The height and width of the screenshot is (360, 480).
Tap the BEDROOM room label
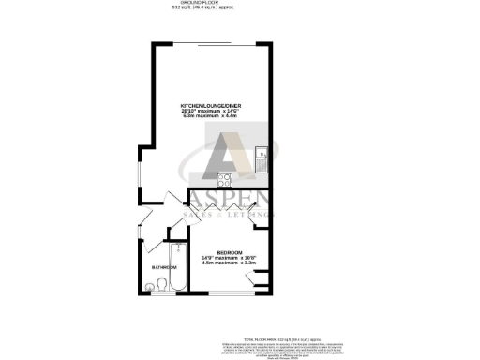click(230, 252)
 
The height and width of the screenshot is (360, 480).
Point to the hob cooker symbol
click(226, 179)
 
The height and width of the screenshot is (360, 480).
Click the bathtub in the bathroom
click(176, 264)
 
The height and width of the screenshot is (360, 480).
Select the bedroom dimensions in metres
click(230, 263)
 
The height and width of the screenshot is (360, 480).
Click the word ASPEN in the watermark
click(229, 200)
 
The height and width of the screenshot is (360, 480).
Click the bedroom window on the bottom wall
click(232, 294)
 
